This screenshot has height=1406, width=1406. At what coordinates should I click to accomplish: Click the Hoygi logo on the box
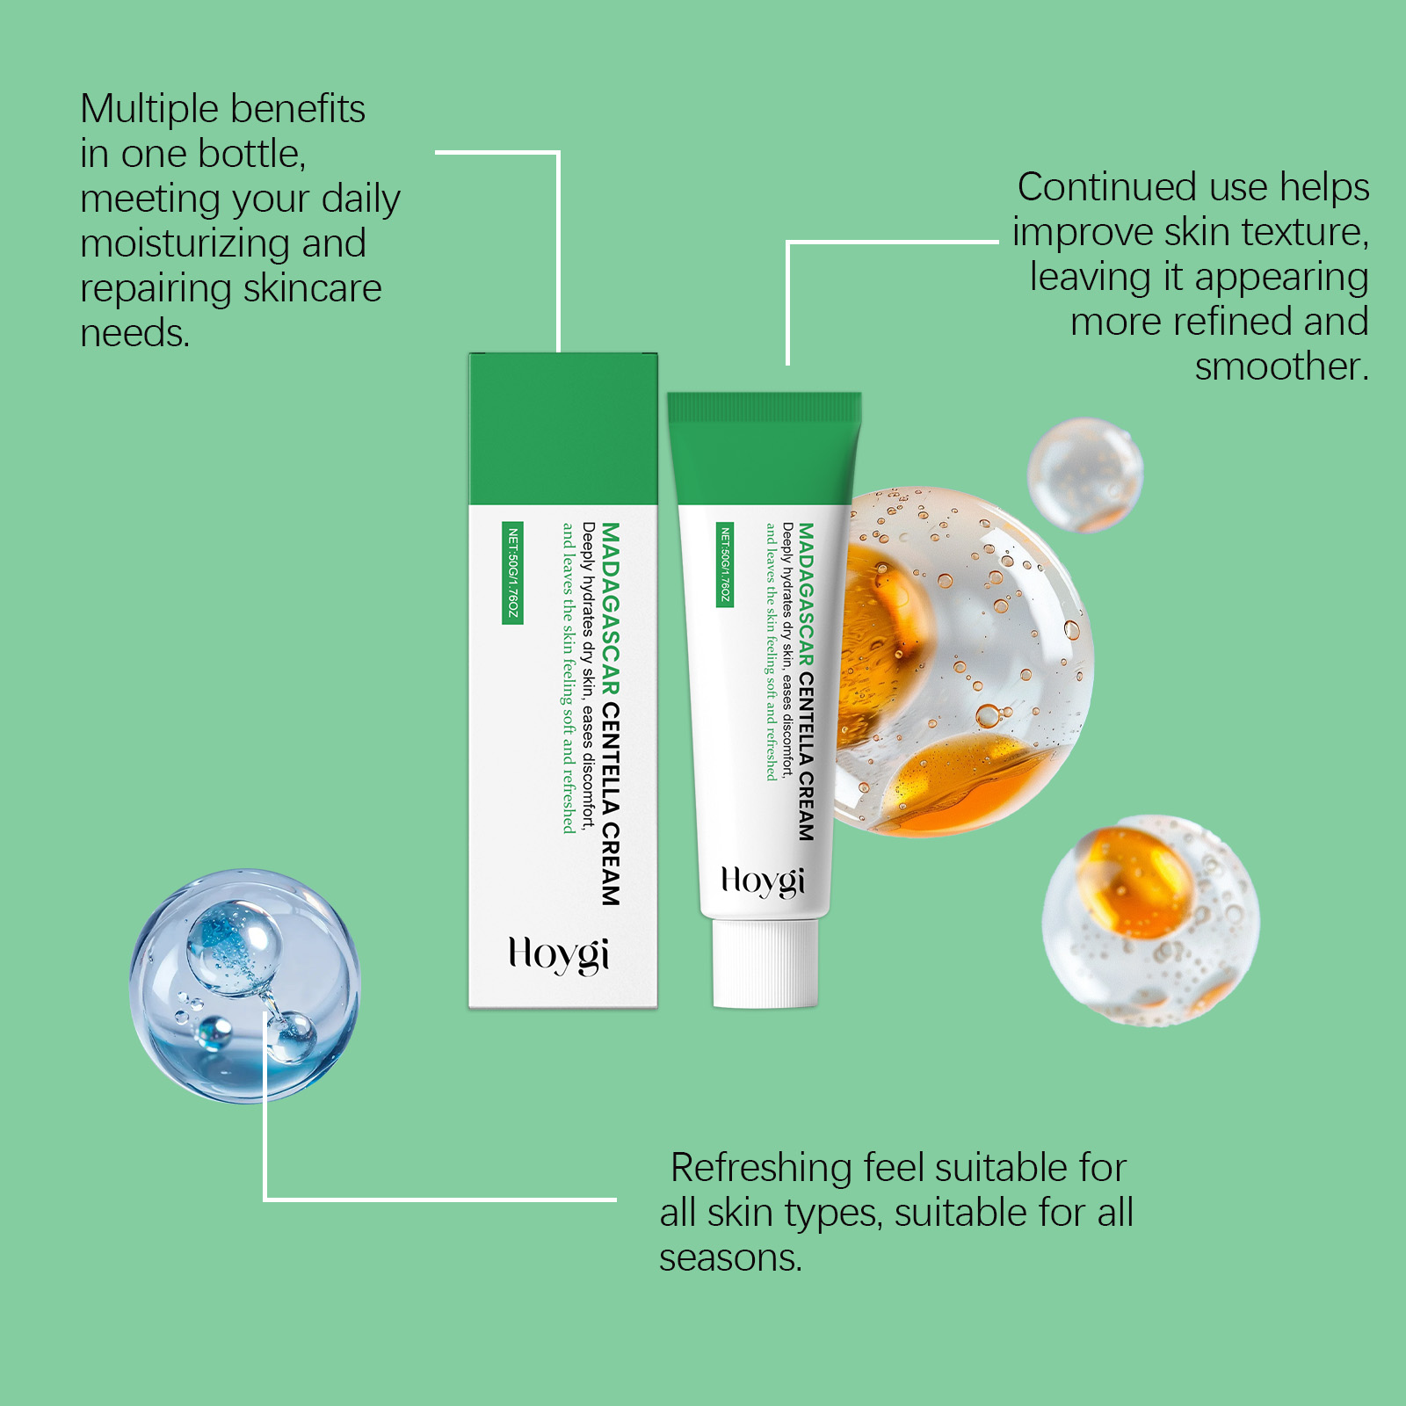tap(559, 955)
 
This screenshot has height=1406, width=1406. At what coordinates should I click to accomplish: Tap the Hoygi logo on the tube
tap(763, 881)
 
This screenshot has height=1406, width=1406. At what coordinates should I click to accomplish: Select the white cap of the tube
tap(765, 963)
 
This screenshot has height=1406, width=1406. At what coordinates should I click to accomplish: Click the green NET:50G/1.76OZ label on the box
tap(512, 574)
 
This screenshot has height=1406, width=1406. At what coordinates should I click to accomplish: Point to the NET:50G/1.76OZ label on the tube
tap(725, 565)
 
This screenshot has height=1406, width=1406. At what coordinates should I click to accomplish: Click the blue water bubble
tap(245, 986)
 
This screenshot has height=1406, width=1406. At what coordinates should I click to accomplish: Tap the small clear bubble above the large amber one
tap(1085, 475)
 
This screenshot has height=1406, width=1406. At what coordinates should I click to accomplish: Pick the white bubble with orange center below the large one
tap(1150, 920)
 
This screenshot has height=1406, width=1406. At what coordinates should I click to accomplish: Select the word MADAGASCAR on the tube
tap(807, 595)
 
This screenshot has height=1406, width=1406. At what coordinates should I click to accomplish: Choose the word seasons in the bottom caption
tap(731, 1258)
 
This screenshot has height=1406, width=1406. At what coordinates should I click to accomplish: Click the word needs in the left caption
tap(134, 333)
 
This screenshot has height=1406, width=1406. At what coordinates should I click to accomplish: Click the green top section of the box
tap(563, 429)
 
